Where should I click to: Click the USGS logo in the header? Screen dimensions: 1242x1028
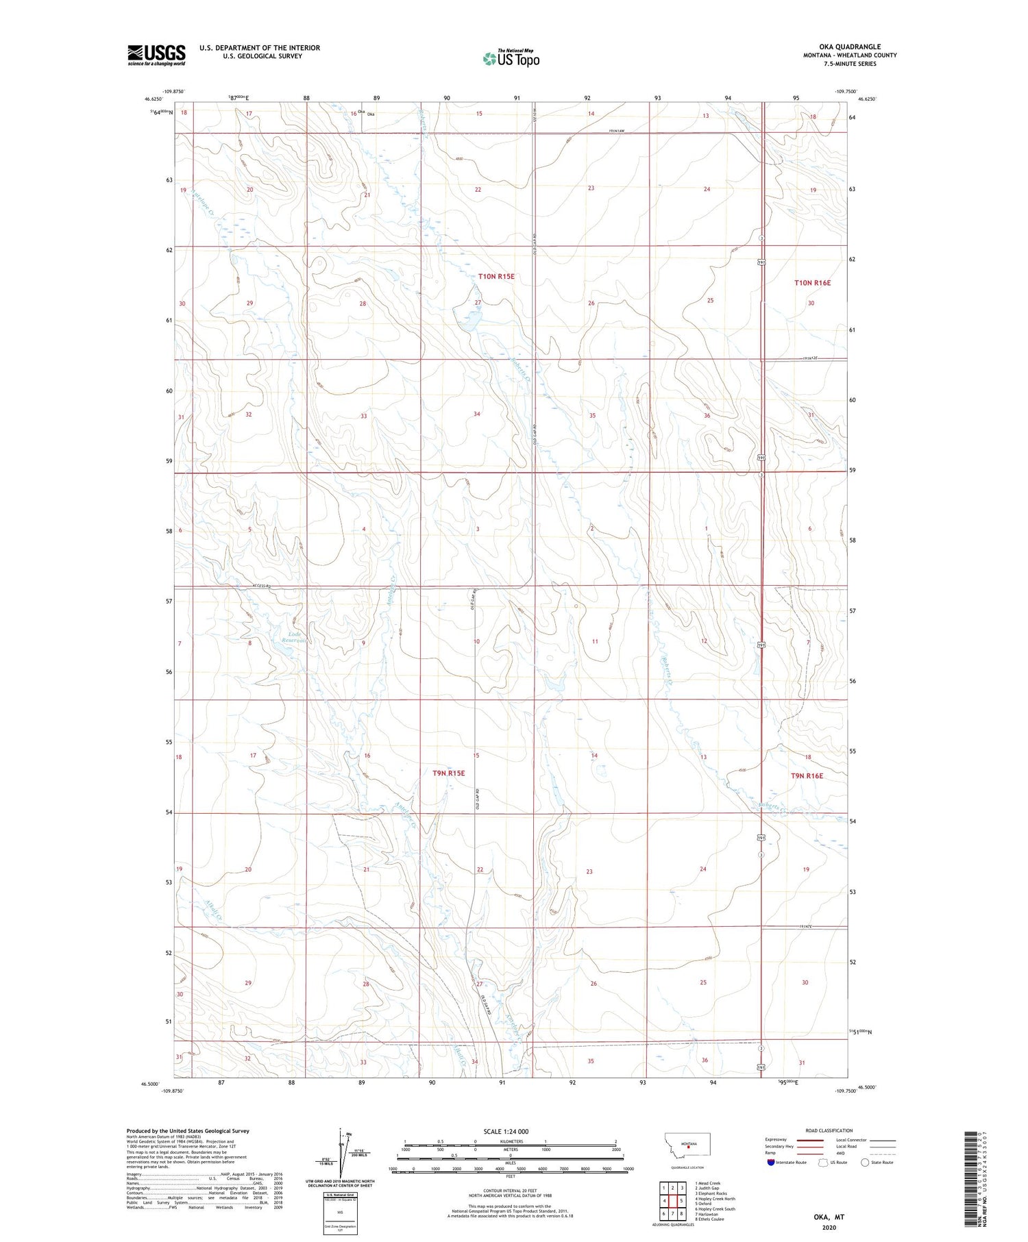pyautogui.click(x=156, y=55)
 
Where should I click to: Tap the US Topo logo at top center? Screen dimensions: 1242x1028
pyautogui.click(x=511, y=59)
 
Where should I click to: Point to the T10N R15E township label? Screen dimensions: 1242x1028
pyautogui.click(x=496, y=276)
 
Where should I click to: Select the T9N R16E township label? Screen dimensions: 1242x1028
pyautogui.click(x=807, y=775)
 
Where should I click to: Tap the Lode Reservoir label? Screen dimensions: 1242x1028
pyautogui.click(x=295, y=637)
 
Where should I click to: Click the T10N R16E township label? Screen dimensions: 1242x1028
pyautogui.click(x=812, y=282)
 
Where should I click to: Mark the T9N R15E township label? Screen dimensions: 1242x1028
pyautogui.click(x=448, y=773)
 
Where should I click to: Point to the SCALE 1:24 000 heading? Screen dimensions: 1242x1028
pyautogui.click(x=506, y=1131)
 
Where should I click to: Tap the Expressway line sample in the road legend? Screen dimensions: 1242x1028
pyautogui.click(x=813, y=1140)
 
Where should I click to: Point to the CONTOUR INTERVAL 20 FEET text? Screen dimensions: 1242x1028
pyautogui.click(x=510, y=1190)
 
